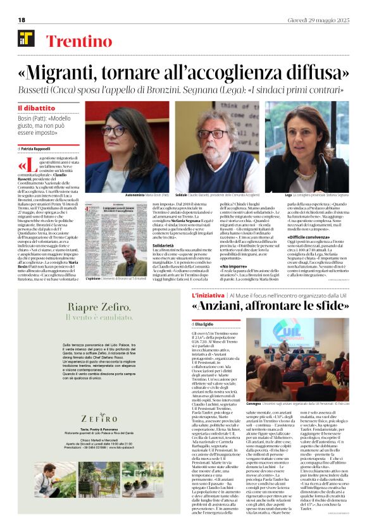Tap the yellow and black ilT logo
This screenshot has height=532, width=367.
click(27, 39)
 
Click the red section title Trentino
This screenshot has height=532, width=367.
click(75, 42)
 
